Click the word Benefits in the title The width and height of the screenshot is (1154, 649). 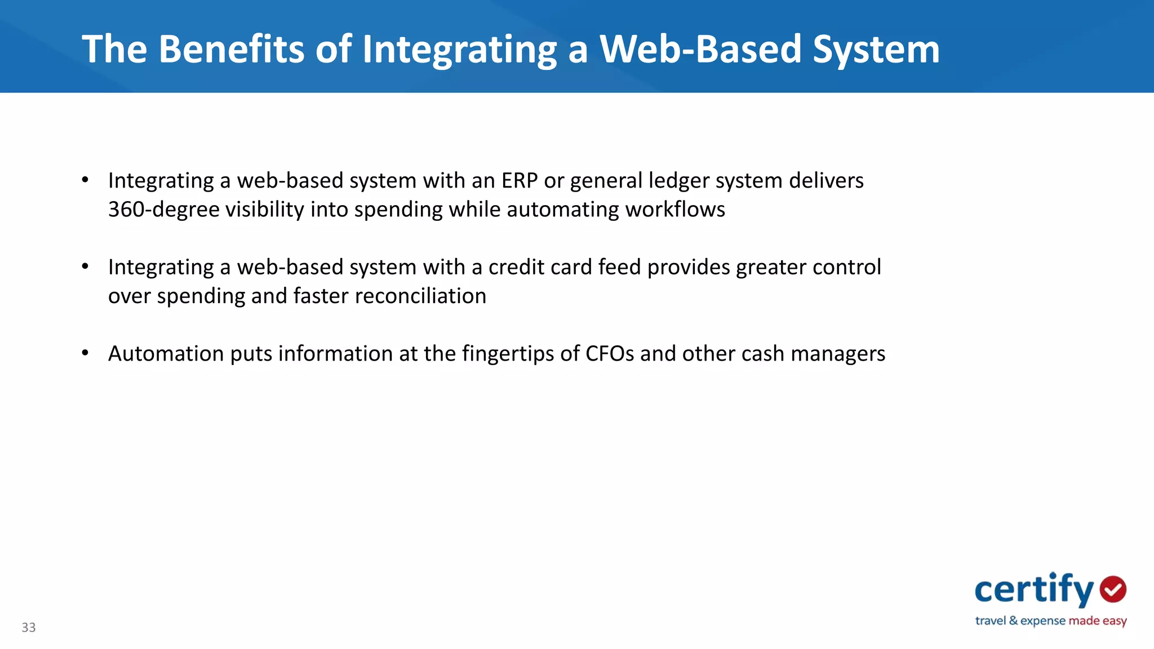coord(232,49)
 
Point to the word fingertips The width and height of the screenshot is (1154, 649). coord(508,354)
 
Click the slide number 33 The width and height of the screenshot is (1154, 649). coord(29,628)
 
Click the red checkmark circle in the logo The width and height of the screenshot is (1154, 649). coord(1113,589)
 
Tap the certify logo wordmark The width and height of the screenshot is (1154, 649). coord(1034,590)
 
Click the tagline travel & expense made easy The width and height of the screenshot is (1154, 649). coord(1051,621)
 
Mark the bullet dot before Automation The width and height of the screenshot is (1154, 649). coord(85,353)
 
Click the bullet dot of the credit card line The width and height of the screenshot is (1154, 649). coord(85,266)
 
